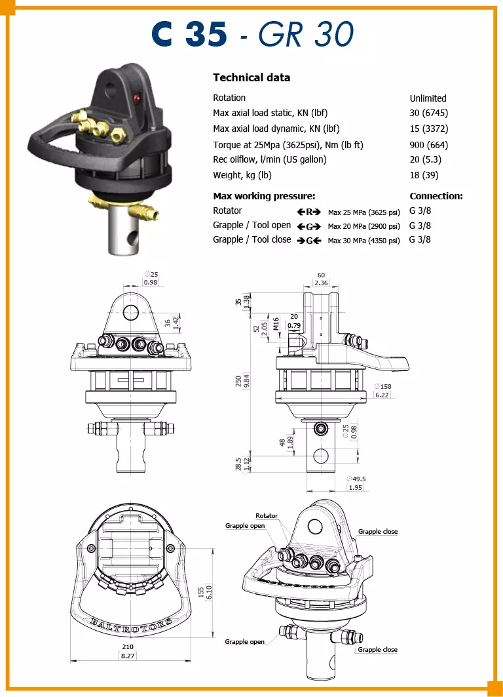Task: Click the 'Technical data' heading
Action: coord(251,77)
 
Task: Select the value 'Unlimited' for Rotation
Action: coord(428,98)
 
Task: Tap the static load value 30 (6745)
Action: coord(428,113)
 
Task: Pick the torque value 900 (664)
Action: coord(428,145)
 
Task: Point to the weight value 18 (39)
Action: coord(424,175)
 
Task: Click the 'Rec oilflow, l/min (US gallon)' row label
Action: coord(269,159)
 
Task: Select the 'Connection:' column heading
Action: coord(436,196)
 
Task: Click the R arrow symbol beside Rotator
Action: coord(308,212)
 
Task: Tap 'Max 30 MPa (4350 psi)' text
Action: coord(363,241)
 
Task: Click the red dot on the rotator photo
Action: coord(137,97)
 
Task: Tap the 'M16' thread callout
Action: coord(276,324)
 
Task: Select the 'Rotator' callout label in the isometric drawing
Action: coord(267,515)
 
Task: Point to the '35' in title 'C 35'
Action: coord(206,34)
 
